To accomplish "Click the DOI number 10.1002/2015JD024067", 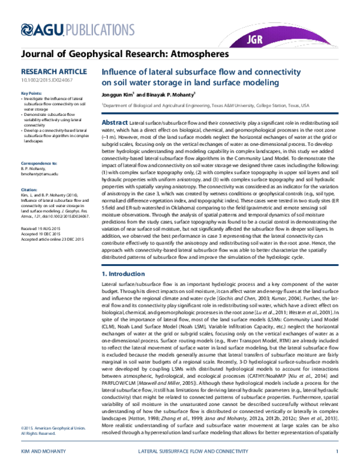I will click(44, 79).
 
